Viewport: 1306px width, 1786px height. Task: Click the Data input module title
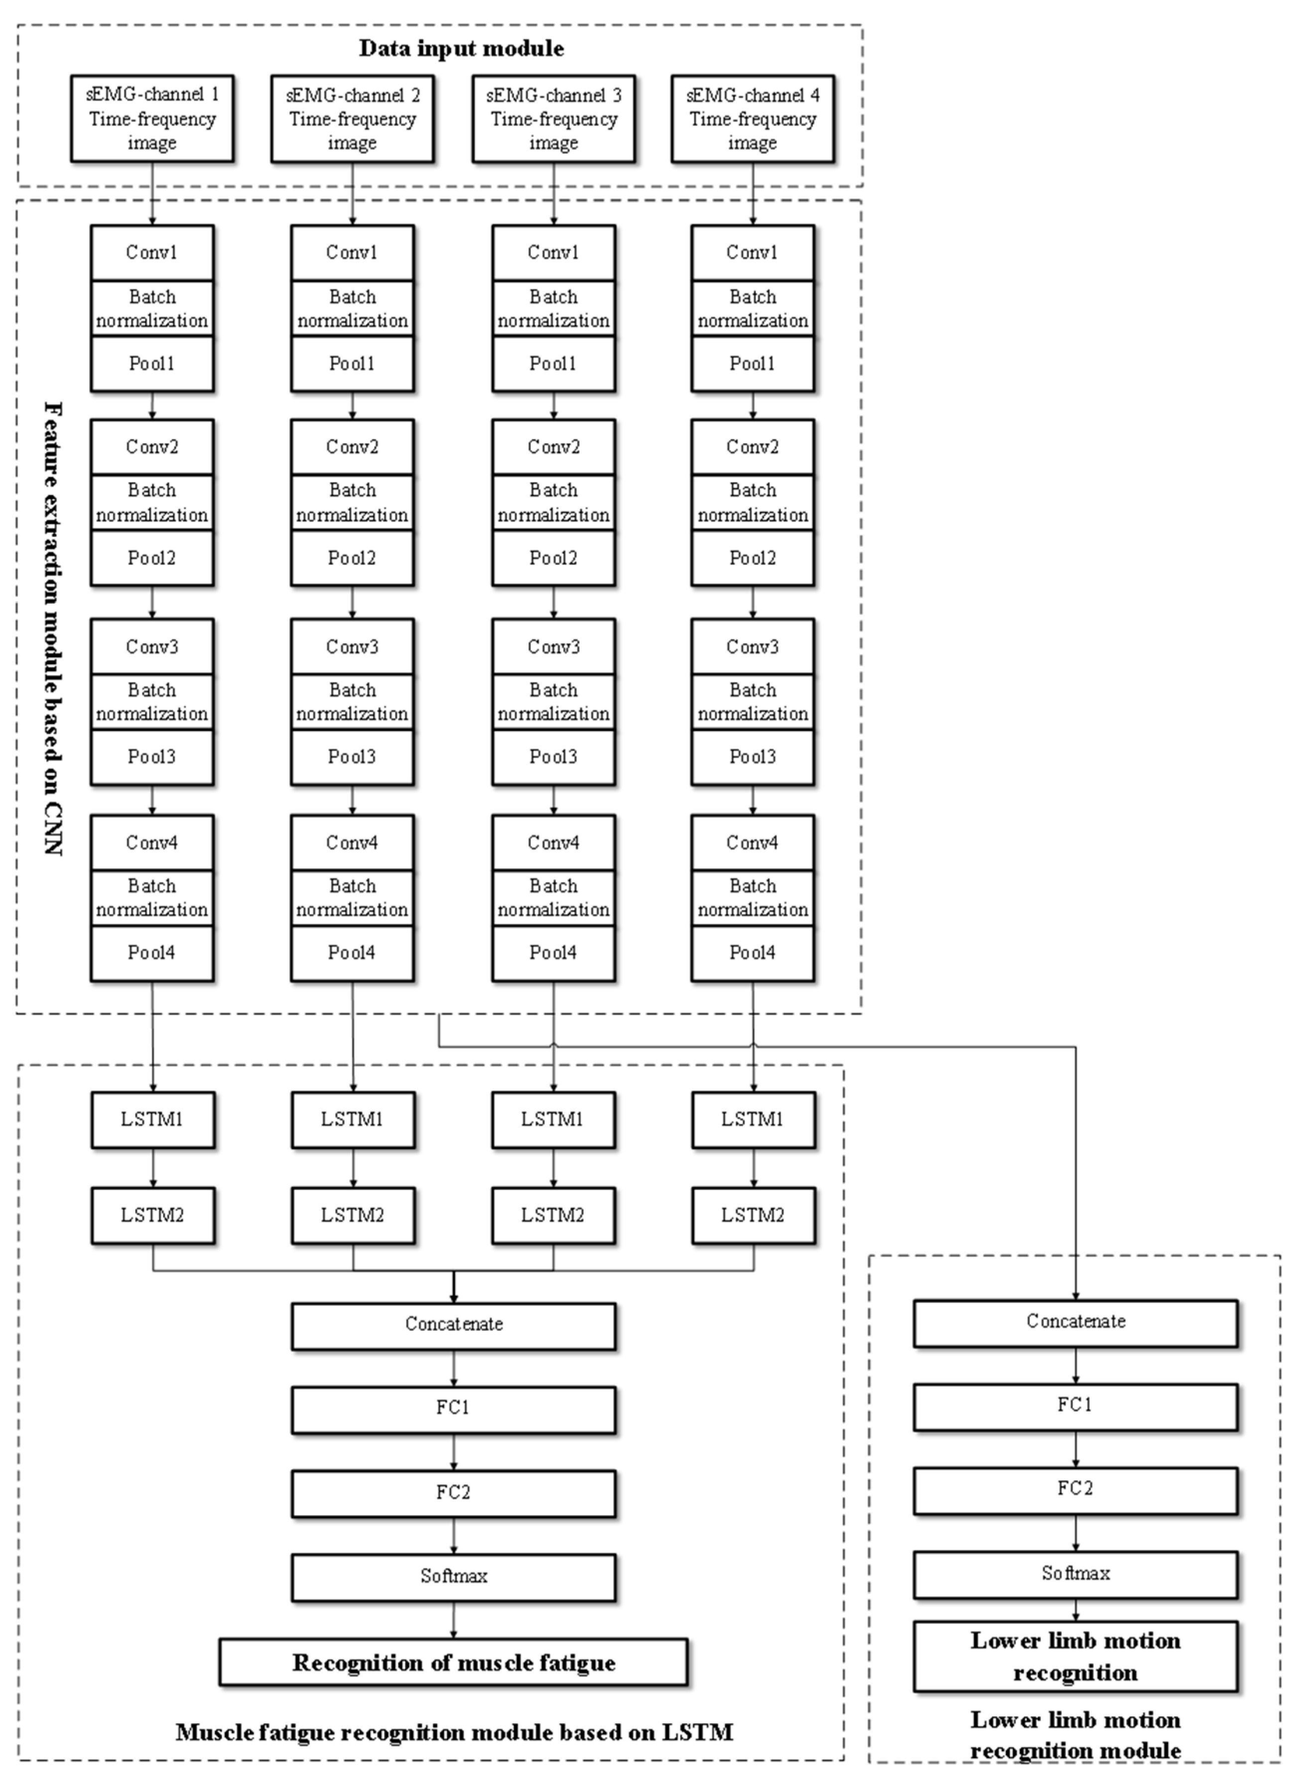pyautogui.click(x=462, y=49)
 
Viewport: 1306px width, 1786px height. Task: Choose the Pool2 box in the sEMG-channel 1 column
pyautogui.click(x=152, y=558)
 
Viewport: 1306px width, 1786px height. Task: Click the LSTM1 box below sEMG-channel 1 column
pyautogui.click(x=152, y=1119)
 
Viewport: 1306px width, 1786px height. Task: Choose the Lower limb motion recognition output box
pyautogui.click(x=1075, y=1657)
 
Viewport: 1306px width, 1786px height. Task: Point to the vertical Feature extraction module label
pyautogui.click(x=53, y=628)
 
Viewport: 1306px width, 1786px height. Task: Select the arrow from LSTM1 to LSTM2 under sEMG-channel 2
pyautogui.click(x=353, y=1167)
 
